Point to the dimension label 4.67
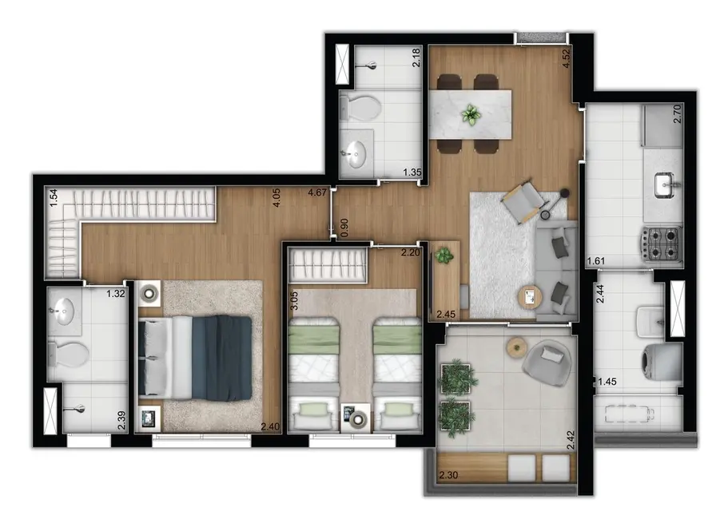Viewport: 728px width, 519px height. click(319, 192)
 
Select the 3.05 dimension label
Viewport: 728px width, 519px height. click(295, 301)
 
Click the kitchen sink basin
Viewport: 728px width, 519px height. click(664, 185)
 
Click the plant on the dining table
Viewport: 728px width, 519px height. click(470, 115)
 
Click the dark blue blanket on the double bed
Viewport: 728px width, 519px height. click(221, 358)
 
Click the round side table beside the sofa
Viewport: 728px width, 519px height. click(529, 297)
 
